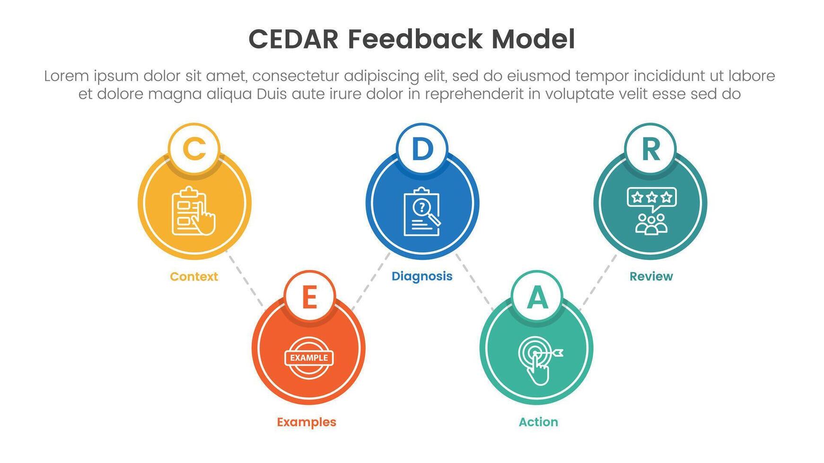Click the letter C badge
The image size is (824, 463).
194,149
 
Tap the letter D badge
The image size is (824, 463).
422,149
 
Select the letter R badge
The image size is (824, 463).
650,149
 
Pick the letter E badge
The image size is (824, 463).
309,297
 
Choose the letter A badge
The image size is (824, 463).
537,297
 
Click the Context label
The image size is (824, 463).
194,276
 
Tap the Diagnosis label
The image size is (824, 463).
422,276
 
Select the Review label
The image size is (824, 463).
651,276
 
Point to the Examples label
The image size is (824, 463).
307,422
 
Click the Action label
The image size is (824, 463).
538,422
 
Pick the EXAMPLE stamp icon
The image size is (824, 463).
309,358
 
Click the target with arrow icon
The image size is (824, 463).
539,359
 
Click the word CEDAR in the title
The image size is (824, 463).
293,39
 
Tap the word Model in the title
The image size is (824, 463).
533,39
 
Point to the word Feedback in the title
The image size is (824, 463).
415,39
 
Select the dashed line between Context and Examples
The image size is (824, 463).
245,278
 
